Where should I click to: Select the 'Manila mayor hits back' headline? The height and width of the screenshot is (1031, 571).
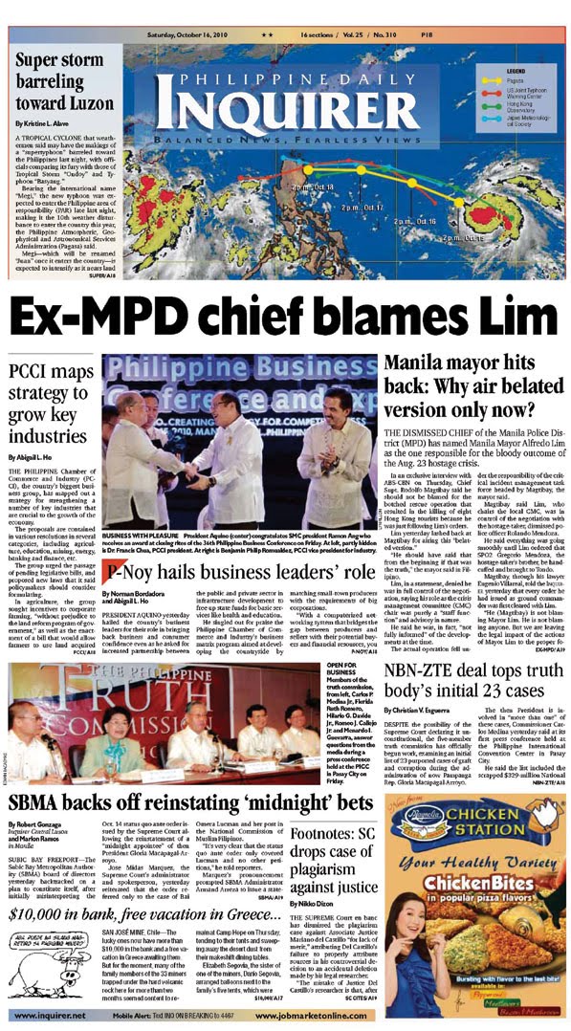(471, 387)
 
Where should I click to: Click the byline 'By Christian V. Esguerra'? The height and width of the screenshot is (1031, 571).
(426, 737)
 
